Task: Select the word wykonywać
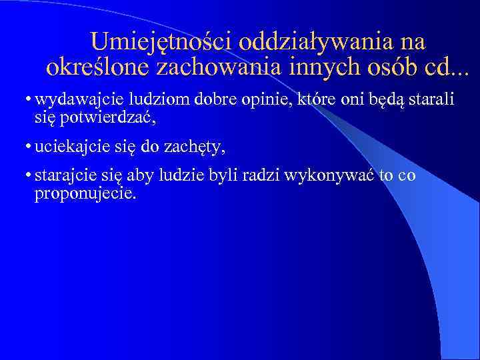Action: click(x=329, y=177)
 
